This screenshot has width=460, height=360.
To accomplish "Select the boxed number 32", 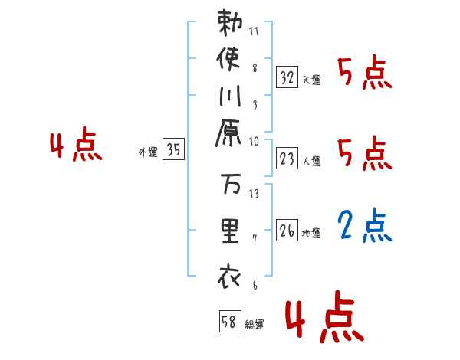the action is [287, 77].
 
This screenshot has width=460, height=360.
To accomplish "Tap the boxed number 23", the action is [287, 159].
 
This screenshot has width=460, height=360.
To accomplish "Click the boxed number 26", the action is [287, 231].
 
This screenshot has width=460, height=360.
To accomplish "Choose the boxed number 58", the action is [229, 321].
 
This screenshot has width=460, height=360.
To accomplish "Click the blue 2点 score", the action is [365, 225].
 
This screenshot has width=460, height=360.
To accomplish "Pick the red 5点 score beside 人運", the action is [365, 155].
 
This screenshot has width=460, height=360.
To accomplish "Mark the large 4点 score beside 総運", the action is [322, 320].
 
